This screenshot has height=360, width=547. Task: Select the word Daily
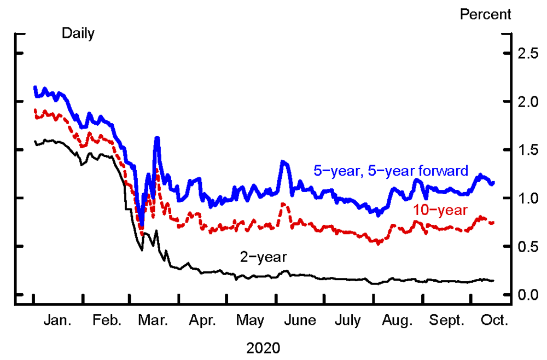(78, 34)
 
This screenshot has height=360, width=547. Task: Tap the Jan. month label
(57, 321)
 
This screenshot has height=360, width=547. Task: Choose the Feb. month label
(107, 321)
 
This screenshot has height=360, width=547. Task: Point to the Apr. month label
(203, 321)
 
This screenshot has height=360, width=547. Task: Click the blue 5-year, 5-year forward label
(391, 171)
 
